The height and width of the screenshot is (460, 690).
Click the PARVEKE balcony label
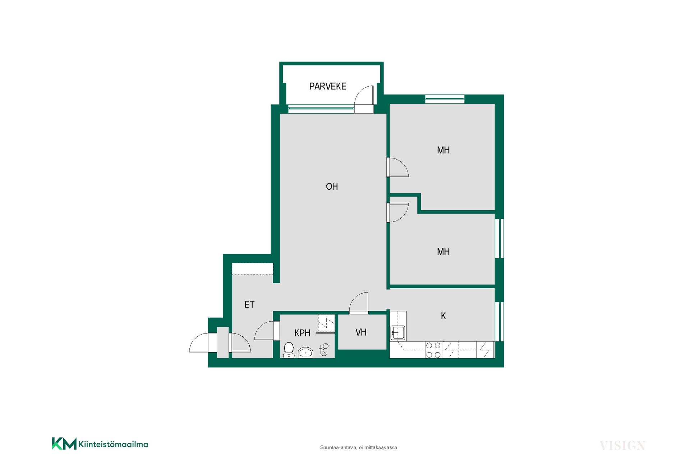click(327, 86)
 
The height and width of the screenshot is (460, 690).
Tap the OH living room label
click(332, 187)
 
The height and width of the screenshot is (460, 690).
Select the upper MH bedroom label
click(443, 150)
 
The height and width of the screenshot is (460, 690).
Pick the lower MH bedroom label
click(443, 252)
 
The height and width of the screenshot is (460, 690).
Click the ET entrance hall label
click(249, 304)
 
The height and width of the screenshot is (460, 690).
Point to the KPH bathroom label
click(302, 333)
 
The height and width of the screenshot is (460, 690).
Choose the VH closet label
click(361, 332)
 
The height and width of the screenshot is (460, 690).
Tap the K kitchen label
click(443, 316)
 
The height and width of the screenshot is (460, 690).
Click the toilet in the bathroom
click(289, 350)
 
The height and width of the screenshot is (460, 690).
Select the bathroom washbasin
click(305, 353)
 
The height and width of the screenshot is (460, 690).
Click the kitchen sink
click(398, 333)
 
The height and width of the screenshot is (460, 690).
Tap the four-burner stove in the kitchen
click(433, 350)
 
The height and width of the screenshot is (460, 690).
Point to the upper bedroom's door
click(397, 167)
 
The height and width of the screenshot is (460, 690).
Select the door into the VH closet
click(359, 303)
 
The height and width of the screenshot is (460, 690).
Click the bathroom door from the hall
click(267, 331)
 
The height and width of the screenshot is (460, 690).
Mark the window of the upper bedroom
click(445, 99)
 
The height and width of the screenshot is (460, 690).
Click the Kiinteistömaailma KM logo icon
click(64, 443)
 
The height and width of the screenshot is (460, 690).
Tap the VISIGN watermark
click(622, 446)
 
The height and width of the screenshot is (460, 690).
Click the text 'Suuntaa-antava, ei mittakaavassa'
click(359, 447)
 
